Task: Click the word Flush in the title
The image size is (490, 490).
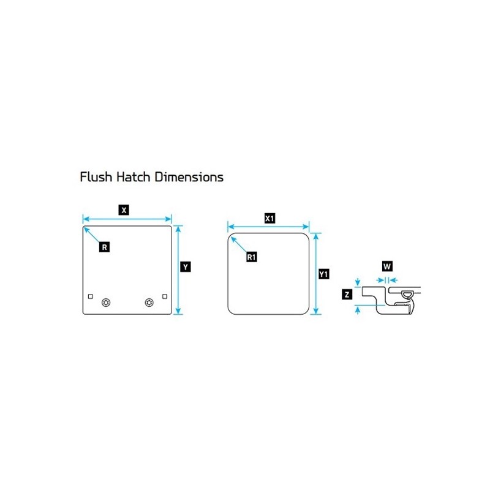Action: [94, 178]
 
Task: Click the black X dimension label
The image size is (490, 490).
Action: [124, 210]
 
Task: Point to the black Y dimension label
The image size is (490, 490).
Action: [185, 267]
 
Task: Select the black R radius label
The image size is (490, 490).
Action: [105, 247]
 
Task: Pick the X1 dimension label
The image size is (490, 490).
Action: [269, 218]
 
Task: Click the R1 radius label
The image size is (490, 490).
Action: [251, 257]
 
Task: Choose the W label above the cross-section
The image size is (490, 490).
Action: [387, 266]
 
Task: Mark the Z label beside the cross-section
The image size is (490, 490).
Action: [347, 295]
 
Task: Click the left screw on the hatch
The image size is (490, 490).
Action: [107, 302]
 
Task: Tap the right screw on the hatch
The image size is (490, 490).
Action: [149, 302]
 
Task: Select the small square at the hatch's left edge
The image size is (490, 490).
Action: [91, 296]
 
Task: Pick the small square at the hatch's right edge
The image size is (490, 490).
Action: [164, 296]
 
